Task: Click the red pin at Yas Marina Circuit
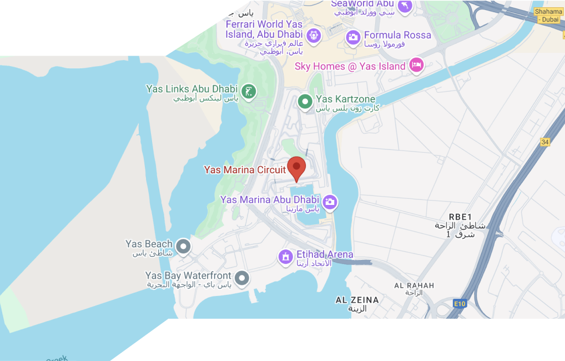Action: point(296,168)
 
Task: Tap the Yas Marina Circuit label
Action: point(245,170)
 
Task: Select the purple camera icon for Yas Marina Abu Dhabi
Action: point(330,202)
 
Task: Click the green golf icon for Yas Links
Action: point(249,92)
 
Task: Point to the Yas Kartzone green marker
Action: point(305,102)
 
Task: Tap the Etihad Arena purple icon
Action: point(285,257)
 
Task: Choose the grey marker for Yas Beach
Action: point(183,246)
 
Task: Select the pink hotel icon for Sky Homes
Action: point(416,65)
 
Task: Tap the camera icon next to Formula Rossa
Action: point(353,37)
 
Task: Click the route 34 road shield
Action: point(545,142)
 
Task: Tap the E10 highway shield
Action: point(460,304)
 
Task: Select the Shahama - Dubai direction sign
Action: point(548,15)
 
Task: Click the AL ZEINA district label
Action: point(357,300)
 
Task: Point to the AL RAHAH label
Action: point(414,285)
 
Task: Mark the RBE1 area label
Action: point(460,217)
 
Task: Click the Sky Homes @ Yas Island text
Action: point(350,66)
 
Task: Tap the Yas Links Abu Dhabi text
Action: point(191,89)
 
